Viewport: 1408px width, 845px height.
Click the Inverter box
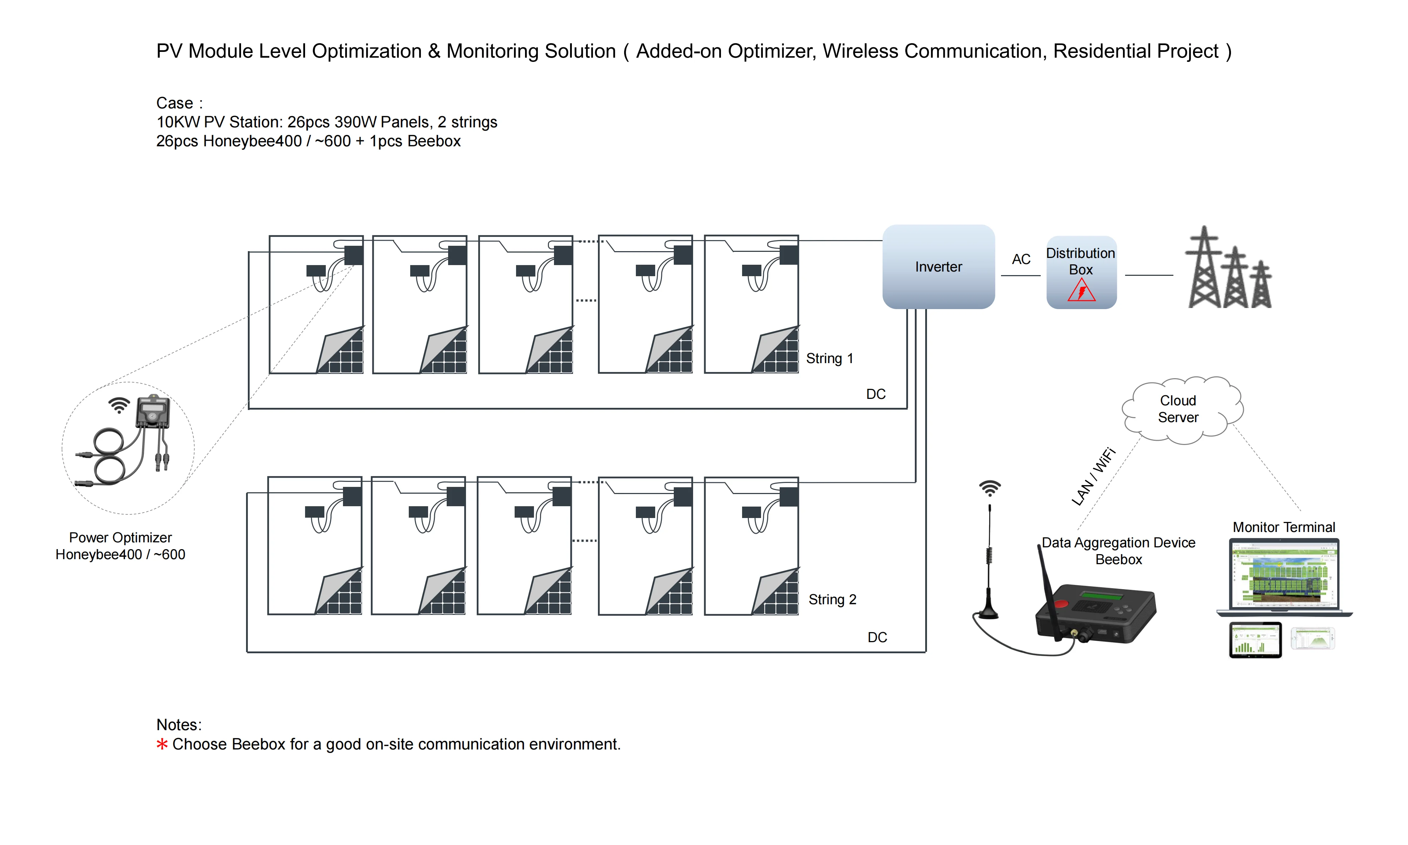pyautogui.click(x=938, y=267)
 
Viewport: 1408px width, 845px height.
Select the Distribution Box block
pyautogui.click(x=1081, y=268)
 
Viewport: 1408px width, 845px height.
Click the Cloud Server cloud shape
pyautogui.click(x=1178, y=409)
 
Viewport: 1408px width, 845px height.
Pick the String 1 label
pyautogui.click(x=829, y=358)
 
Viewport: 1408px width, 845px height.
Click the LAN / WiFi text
pyautogui.click(x=1093, y=477)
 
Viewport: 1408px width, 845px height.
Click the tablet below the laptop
pyautogui.click(x=1255, y=640)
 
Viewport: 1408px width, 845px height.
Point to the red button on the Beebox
pyautogui.click(x=1061, y=603)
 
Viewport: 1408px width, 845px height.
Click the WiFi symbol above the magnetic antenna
pyautogui.click(x=990, y=488)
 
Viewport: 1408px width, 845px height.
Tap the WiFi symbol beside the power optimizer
pyautogui.click(x=119, y=405)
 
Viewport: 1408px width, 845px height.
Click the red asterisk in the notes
pyautogui.click(x=162, y=744)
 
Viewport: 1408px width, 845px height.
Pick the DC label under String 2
pyautogui.click(x=877, y=637)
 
